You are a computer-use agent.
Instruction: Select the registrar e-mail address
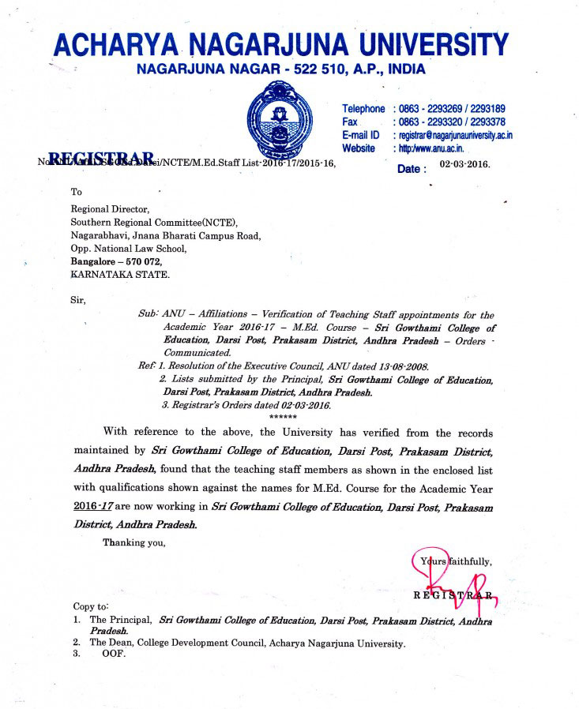coord(456,135)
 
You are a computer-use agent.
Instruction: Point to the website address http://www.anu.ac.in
coord(432,148)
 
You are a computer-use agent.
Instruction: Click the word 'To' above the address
coord(77,192)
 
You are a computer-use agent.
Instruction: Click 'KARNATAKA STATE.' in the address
coord(119,275)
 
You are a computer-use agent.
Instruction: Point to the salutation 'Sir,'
coord(78,301)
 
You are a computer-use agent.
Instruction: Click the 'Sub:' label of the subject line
coord(149,314)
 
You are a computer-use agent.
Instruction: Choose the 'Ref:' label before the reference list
coord(148,366)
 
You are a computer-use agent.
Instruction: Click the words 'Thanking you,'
coord(133,542)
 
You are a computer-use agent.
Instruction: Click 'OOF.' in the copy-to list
coord(114,654)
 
